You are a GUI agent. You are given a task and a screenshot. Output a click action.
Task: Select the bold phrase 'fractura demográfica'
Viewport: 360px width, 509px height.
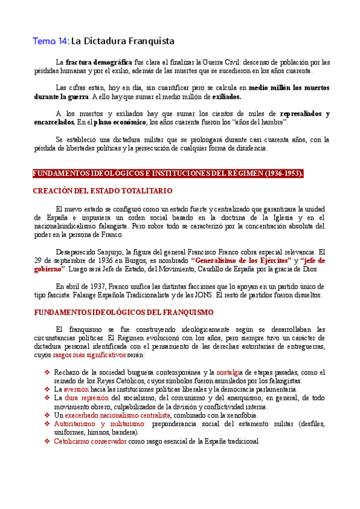(x=99, y=62)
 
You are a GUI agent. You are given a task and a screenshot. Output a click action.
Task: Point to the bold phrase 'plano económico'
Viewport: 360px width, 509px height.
(x=120, y=122)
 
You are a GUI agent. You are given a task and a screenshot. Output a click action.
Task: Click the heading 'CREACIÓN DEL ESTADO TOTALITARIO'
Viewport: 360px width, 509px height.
(x=102, y=191)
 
